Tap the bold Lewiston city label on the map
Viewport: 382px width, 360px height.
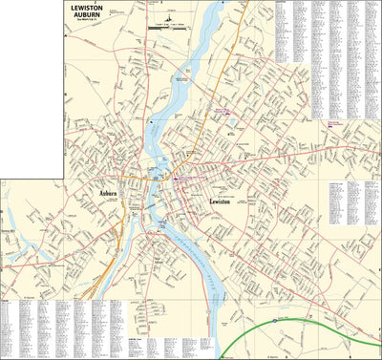point(222,202)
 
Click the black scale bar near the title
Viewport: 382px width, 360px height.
point(168,30)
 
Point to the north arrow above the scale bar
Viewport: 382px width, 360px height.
point(170,18)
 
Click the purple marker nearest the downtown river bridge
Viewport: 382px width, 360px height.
point(176,178)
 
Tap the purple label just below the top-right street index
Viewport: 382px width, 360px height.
point(335,123)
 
